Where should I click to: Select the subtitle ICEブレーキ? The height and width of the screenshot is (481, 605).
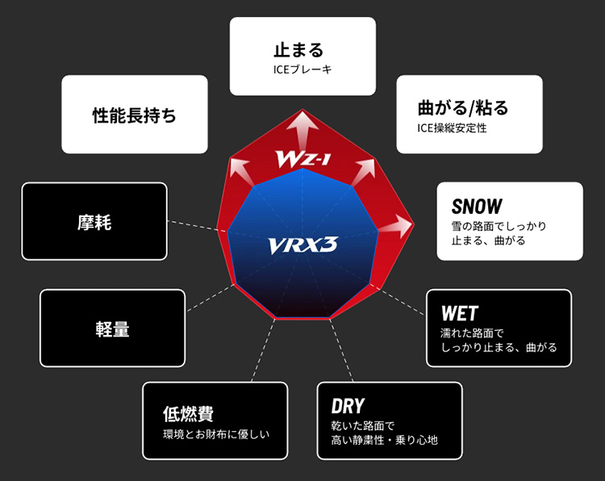pos(302,69)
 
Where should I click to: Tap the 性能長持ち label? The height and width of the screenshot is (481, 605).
pos(134,115)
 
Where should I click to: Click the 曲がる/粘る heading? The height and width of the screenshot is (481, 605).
pos(463,107)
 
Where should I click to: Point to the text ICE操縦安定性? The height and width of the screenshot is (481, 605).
pos(452,128)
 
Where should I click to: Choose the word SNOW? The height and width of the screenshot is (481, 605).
pos(477,206)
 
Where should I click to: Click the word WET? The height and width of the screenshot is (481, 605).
pos(459,312)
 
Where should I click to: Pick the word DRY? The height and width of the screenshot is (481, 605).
pos(348,405)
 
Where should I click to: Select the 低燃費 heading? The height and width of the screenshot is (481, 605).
pos(188,413)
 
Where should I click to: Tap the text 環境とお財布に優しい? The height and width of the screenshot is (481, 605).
pos(215,434)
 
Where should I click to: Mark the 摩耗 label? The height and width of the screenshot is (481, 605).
pos(94,222)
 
